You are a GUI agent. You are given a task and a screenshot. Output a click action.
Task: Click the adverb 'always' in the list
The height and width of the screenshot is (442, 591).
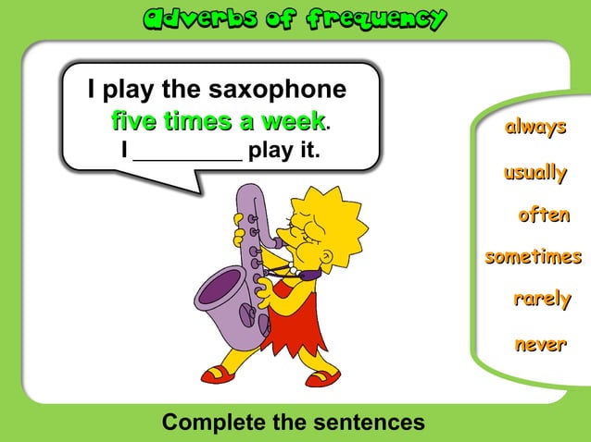tap(534, 128)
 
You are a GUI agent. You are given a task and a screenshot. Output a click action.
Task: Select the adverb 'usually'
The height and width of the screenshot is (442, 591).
tap(534, 172)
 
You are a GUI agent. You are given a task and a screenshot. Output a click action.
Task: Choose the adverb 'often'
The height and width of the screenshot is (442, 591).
tap(544, 215)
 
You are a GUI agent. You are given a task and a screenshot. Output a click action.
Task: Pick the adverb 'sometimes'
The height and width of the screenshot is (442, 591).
tap(534, 257)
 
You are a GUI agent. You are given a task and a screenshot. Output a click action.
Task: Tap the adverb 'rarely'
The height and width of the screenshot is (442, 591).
tap(542, 300)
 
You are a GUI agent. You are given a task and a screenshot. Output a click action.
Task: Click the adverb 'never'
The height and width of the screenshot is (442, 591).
tap(540, 344)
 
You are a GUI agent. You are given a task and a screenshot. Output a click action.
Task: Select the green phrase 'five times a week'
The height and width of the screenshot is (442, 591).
tap(218, 121)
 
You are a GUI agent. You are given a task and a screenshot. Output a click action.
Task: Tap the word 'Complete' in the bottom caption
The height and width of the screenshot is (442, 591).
tap(214, 423)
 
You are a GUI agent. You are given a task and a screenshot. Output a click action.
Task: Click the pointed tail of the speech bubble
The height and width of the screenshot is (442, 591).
tap(190, 185)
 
